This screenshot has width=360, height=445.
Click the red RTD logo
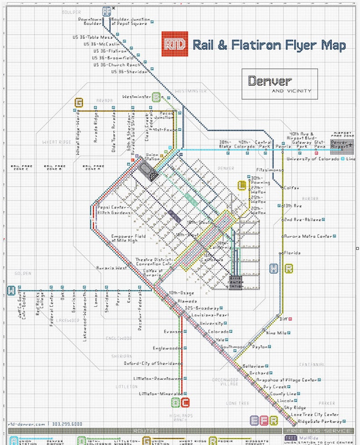pyautogui.click(x=175, y=45)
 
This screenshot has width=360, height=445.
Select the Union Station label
pyautogui.click(x=152, y=156)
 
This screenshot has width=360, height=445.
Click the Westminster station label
pyautogui.click(x=136, y=97)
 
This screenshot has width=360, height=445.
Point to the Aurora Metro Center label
pyautogui.click(x=307, y=237)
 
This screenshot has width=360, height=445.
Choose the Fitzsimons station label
pyautogui.click(x=270, y=170)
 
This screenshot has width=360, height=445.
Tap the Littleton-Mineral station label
pyautogui.click(x=160, y=394)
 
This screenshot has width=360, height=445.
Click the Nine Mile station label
pyautogui.click(x=276, y=333)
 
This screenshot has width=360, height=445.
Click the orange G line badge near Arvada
pyautogui.click(x=79, y=102)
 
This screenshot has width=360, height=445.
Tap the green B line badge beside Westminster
pyautogui.click(x=157, y=97)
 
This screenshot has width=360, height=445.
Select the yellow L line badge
pyautogui.click(x=242, y=185)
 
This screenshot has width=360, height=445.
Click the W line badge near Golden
pyautogui.click(x=11, y=290)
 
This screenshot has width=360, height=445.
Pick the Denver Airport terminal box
pyautogui.click(x=342, y=144)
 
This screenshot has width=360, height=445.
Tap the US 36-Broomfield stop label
pyautogui.click(x=113, y=58)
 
